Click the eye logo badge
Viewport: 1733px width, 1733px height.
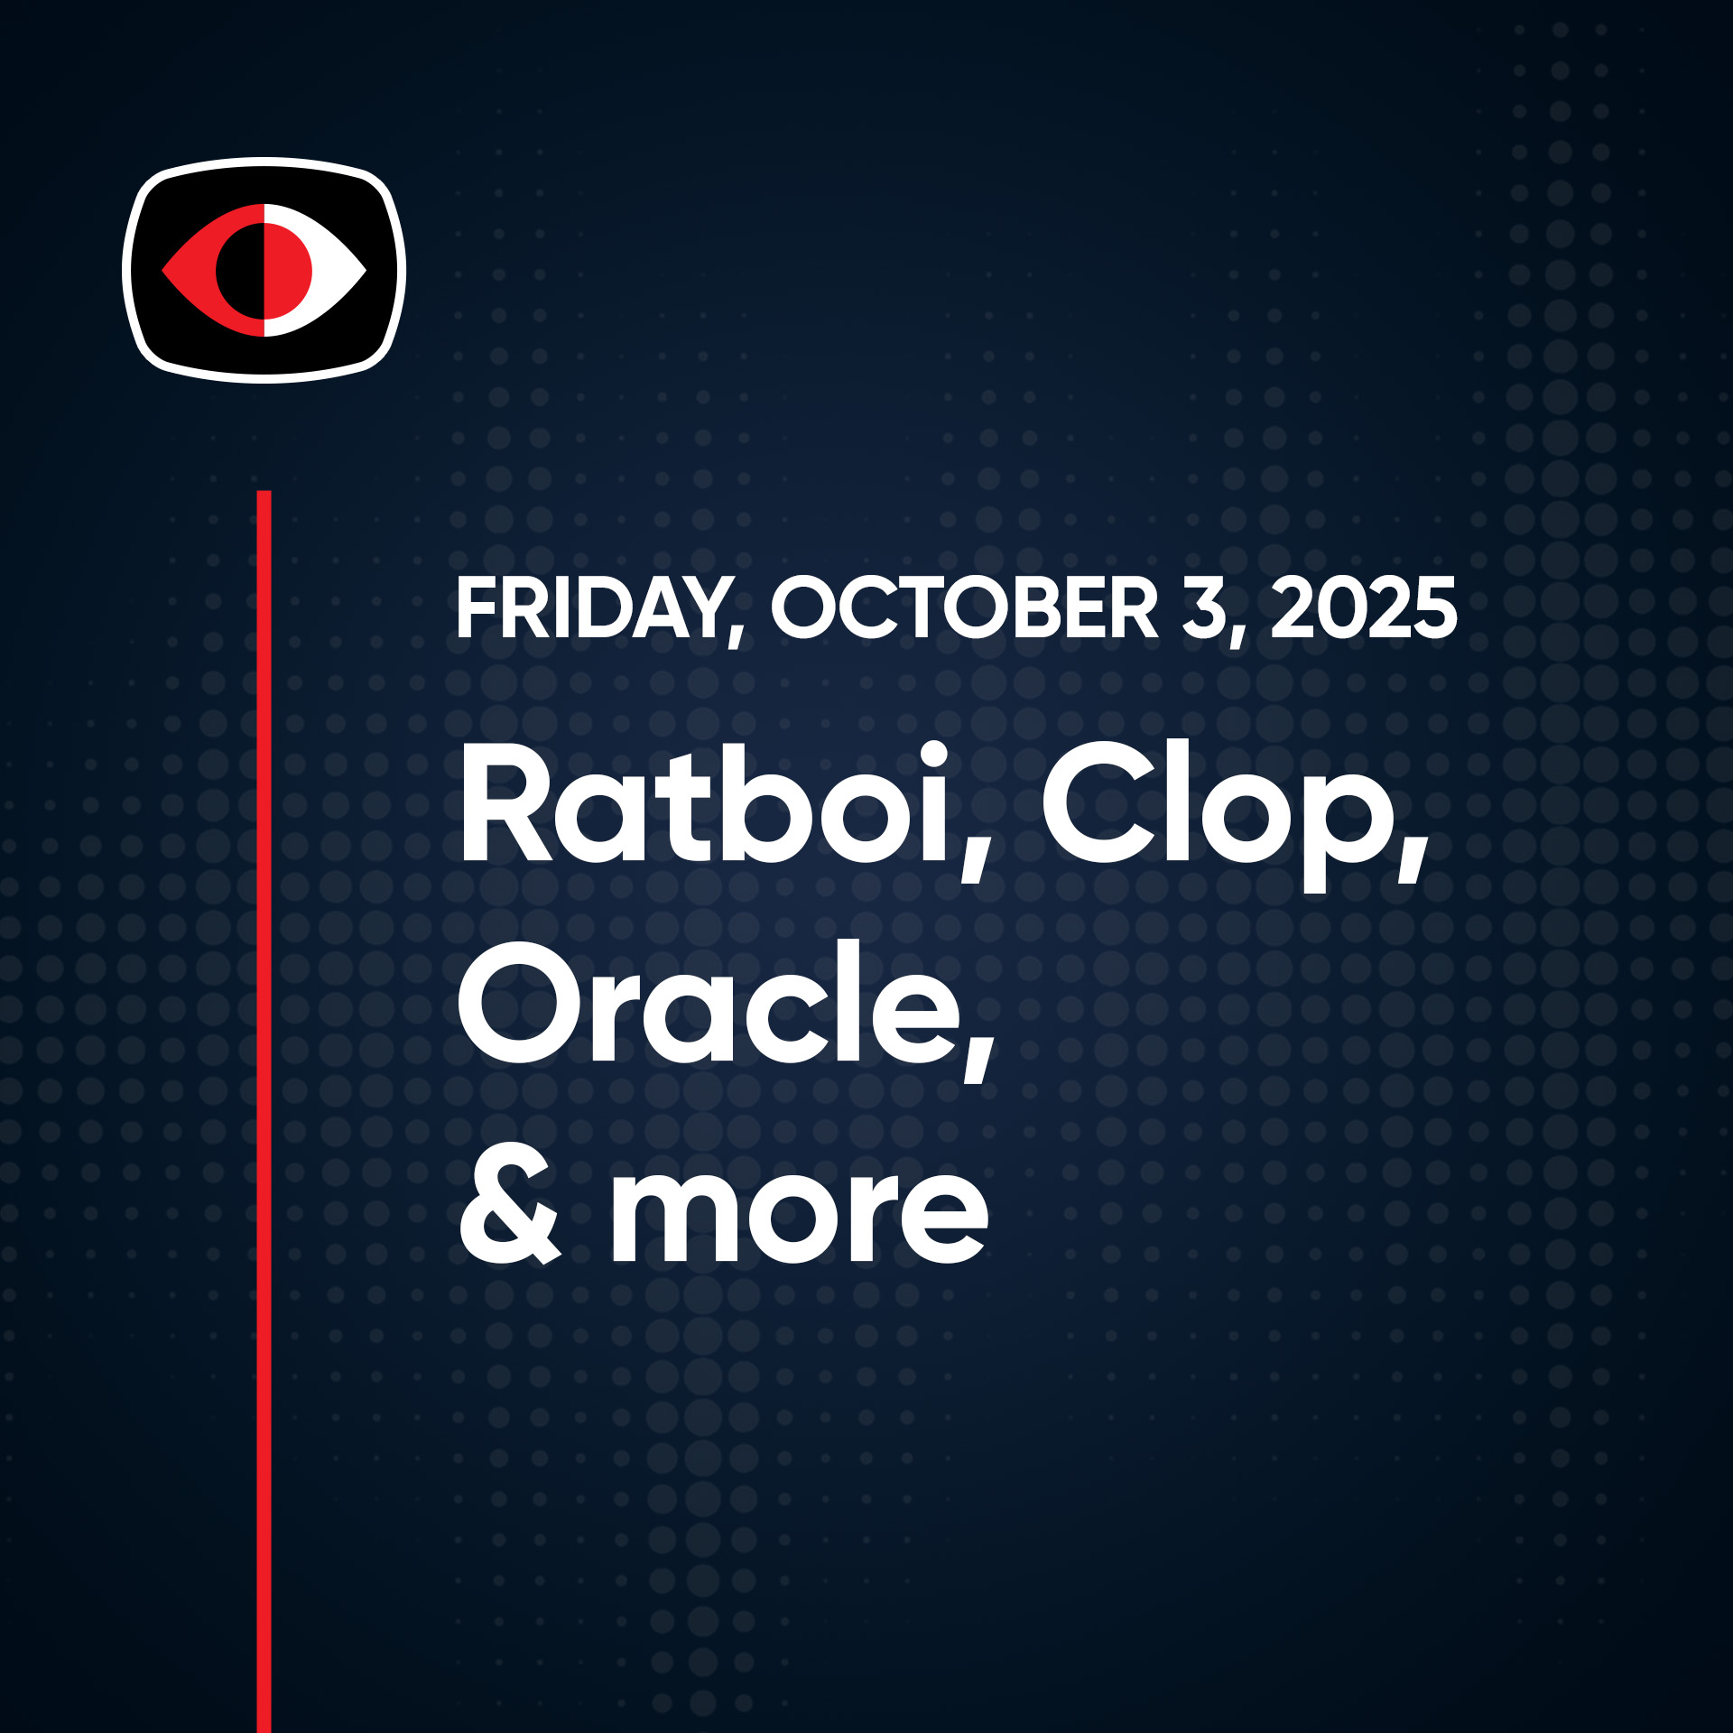pos(264,270)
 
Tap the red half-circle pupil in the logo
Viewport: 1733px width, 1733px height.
pos(287,270)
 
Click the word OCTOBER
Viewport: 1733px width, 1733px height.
pos(964,608)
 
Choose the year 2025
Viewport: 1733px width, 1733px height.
pos(1364,608)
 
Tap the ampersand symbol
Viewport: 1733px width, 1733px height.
pos(510,1212)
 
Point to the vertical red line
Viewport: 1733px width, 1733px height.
pos(264,1112)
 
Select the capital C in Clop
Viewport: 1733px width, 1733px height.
pos(1097,802)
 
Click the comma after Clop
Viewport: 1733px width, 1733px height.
pos(1413,857)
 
